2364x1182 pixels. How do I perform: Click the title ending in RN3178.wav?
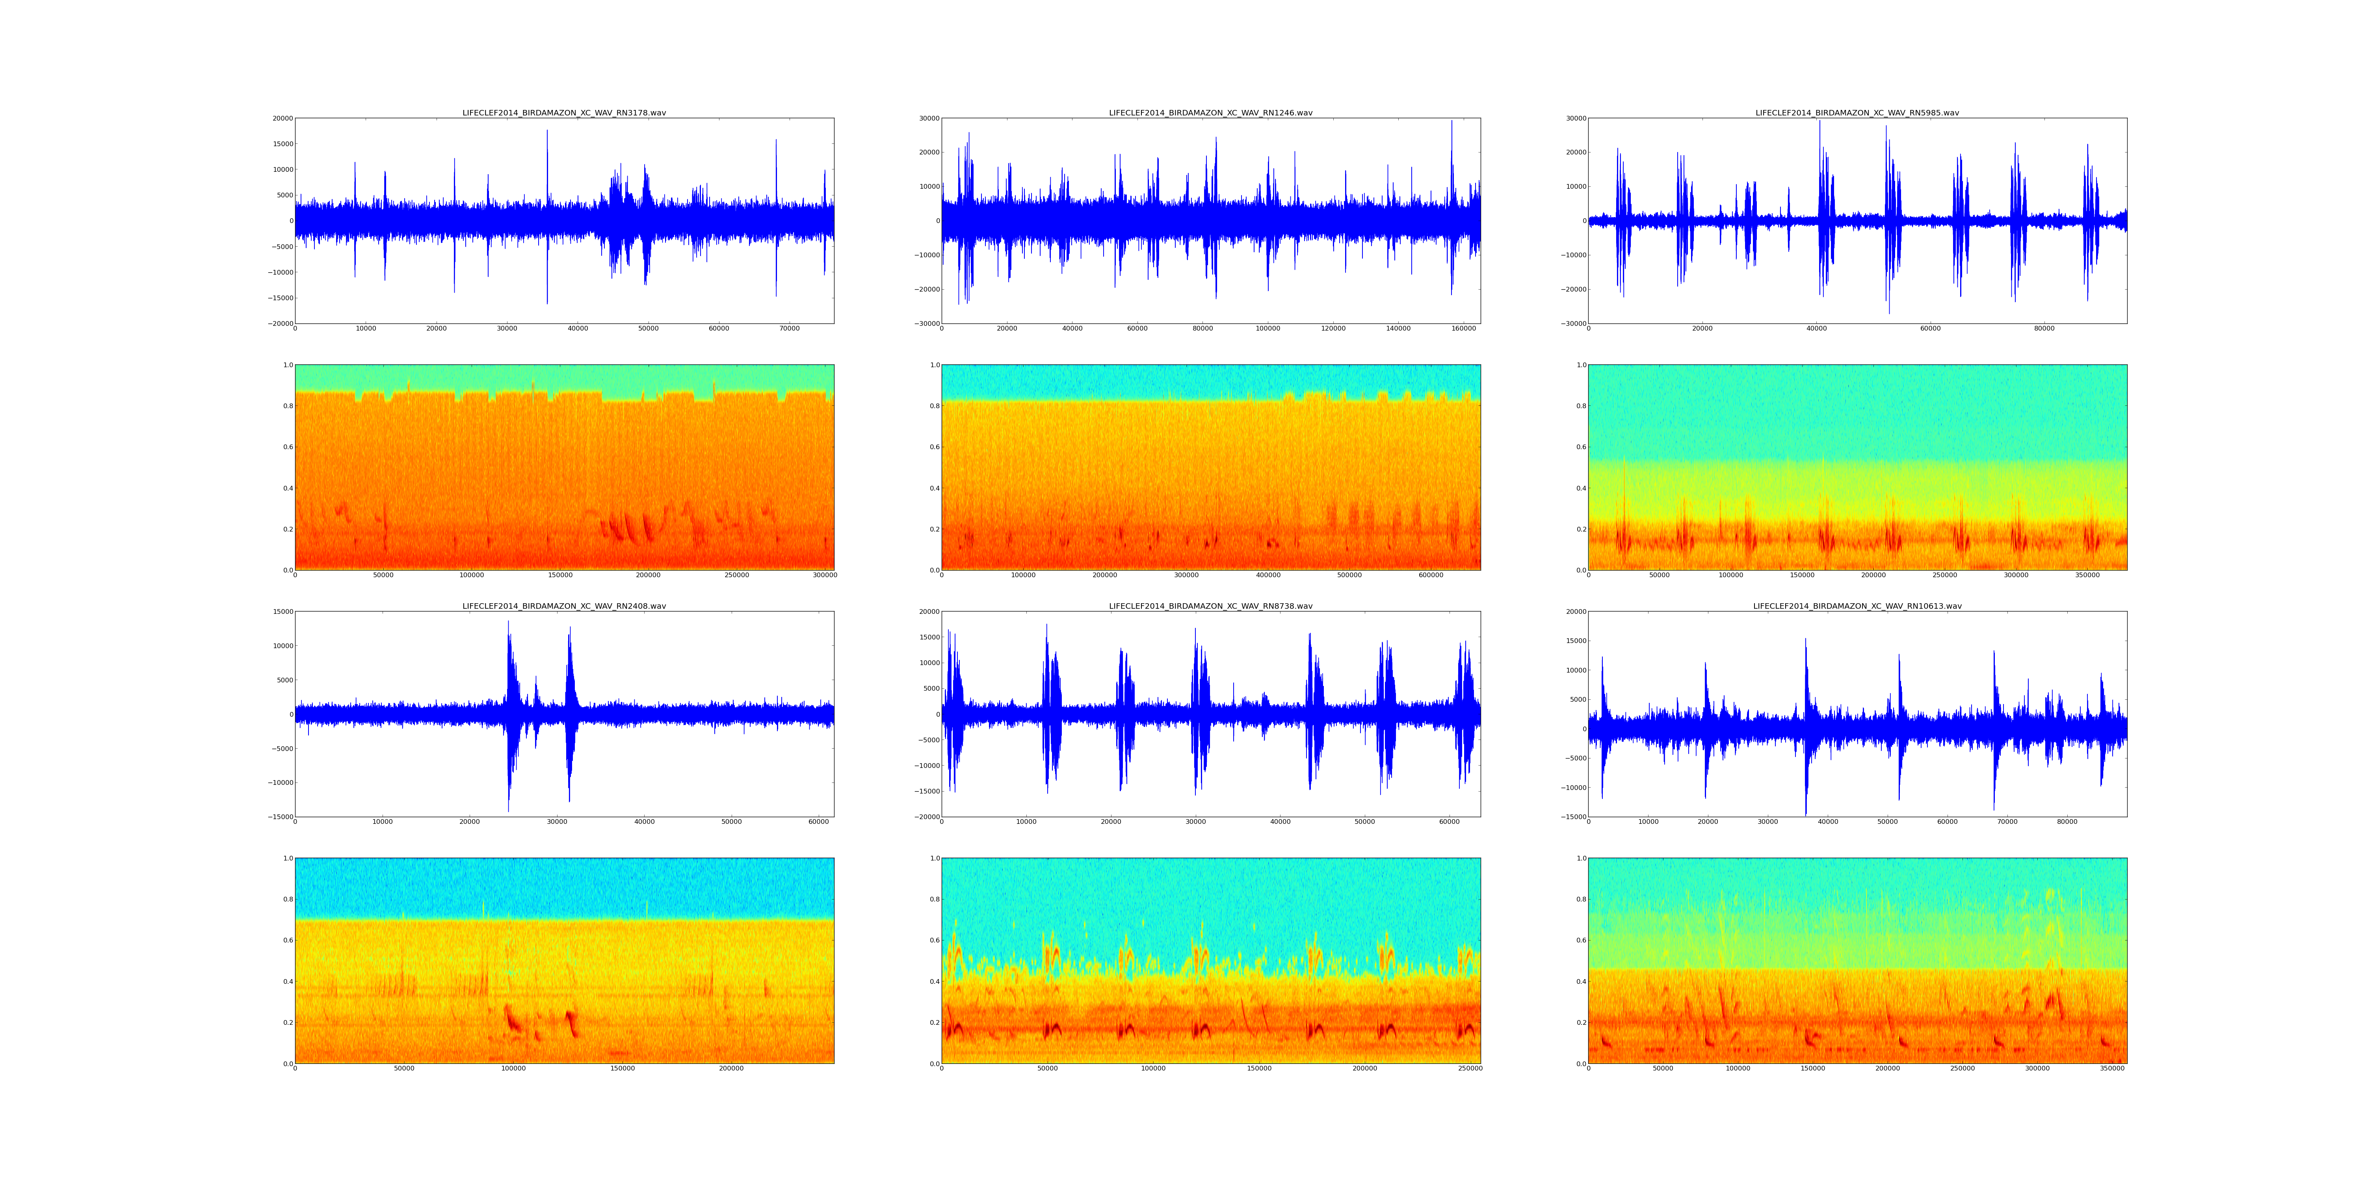pos(563,113)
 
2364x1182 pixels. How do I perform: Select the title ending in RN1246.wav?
pos(1210,113)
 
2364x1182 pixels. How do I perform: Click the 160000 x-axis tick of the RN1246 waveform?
pos(1463,329)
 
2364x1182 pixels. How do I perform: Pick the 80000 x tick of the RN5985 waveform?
pos(2044,329)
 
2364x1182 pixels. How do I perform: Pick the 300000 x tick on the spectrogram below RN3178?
pos(825,575)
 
